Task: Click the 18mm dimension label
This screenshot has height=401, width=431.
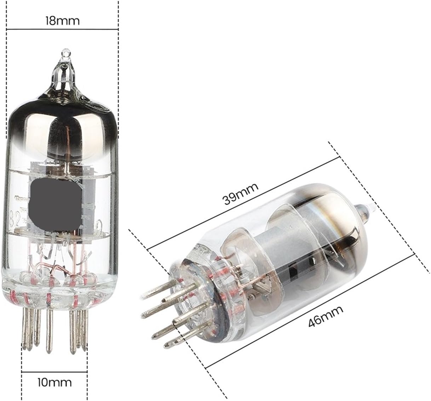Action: tap(62, 20)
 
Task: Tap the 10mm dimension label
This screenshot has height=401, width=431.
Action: tap(54, 382)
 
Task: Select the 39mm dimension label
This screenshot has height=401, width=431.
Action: tap(240, 194)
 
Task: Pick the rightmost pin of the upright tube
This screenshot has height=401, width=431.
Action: tap(84, 333)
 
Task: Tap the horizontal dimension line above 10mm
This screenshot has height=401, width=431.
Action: tap(54, 372)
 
